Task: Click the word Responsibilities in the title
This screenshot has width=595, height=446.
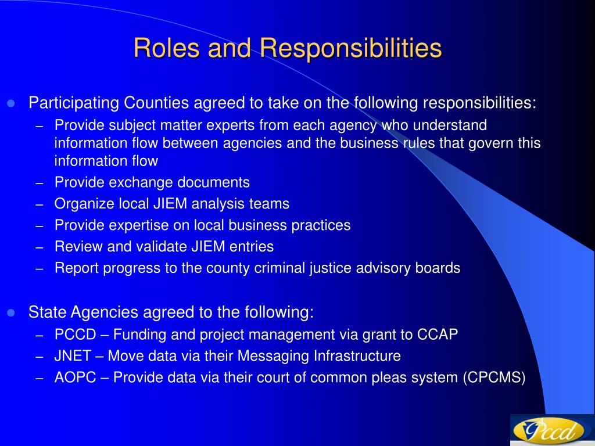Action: tap(350, 49)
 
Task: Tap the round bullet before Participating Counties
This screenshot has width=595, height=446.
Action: tap(10, 103)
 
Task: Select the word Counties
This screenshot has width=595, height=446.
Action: tap(156, 103)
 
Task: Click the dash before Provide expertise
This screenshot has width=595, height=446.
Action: tap(40, 226)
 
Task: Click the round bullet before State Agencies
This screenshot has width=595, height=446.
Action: tap(10, 312)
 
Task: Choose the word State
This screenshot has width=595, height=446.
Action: tap(47, 312)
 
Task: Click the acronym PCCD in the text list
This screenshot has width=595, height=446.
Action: tap(75, 334)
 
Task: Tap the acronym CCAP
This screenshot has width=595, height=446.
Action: tap(438, 334)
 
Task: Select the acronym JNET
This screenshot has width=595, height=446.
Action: tap(73, 356)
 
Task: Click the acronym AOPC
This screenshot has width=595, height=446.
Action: tap(75, 377)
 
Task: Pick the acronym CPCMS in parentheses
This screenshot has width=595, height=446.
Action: tap(494, 377)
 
